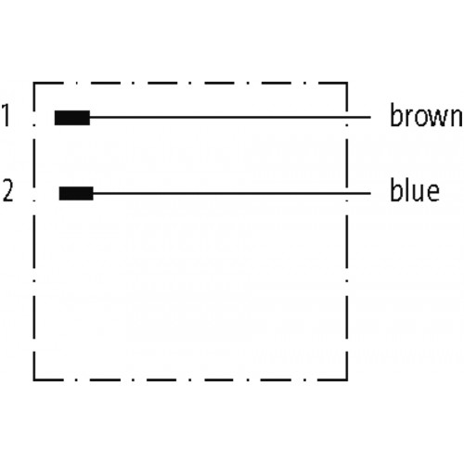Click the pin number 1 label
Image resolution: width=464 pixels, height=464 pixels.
6,115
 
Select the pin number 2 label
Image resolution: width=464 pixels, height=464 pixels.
8,191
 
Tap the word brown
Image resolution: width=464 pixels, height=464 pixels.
426,115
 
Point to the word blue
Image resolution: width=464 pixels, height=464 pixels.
415,189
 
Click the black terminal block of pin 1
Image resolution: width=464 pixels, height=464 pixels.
72,118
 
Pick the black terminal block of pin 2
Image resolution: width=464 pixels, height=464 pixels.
76,193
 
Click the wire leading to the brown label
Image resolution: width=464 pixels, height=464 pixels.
230,118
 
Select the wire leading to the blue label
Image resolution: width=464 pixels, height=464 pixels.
232,193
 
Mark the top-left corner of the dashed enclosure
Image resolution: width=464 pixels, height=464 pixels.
34,83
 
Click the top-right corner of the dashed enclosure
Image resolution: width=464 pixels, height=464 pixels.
347,83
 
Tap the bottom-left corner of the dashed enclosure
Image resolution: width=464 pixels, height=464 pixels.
34,380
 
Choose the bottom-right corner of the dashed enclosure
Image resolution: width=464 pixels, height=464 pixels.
347,380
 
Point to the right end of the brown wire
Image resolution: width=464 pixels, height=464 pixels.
370,118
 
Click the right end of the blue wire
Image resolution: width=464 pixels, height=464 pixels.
370,193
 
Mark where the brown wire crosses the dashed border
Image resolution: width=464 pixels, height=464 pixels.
347,118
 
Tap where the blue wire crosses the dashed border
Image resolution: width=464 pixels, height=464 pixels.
347,193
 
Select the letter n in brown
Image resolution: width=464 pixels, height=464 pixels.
455,118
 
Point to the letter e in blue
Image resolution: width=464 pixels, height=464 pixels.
432,193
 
